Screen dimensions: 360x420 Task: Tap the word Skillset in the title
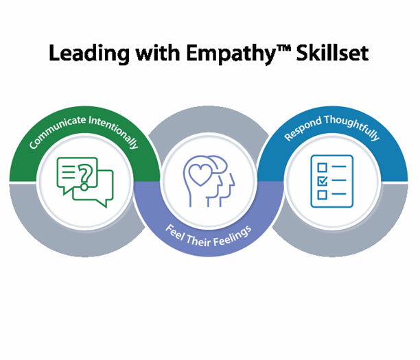[335, 54]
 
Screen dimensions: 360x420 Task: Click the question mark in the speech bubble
[85, 175]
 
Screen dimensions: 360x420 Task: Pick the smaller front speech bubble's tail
[103, 204]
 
